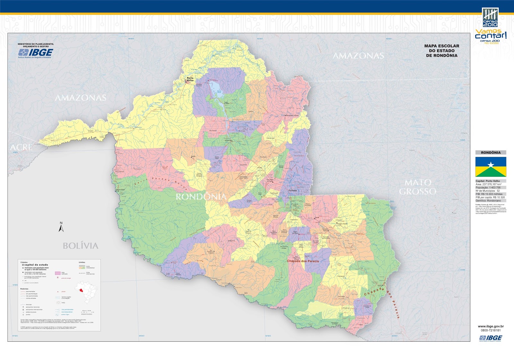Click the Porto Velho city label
(x=190, y=79)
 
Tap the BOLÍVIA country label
(x=80, y=246)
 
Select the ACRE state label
(x=21, y=148)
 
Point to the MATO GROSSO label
(x=418, y=187)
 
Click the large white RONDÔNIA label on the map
(x=201, y=197)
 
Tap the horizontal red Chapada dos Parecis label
(x=303, y=261)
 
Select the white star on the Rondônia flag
(x=491, y=165)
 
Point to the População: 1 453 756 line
(x=488, y=187)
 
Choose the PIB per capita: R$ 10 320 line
(x=490, y=197)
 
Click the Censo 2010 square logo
(x=490, y=17)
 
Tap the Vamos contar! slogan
(x=491, y=34)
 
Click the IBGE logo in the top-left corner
(x=36, y=53)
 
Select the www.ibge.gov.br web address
(x=491, y=326)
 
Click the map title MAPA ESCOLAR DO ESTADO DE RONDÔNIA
(x=442, y=51)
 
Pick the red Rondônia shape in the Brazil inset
(x=83, y=290)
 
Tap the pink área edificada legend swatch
(x=58, y=273)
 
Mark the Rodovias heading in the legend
(x=24, y=289)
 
